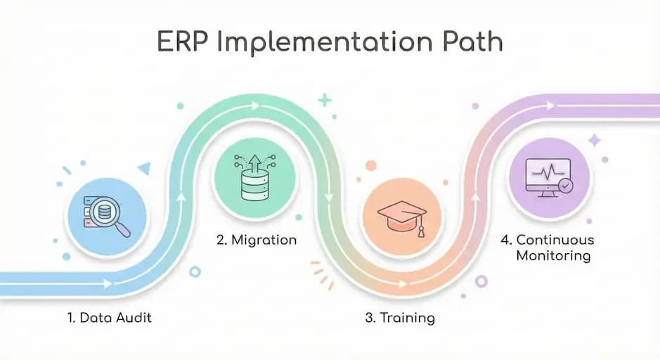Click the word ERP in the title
(183, 41)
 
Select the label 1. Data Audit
(110, 318)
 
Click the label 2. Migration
(257, 240)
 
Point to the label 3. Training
(400, 318)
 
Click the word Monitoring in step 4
(553, 255)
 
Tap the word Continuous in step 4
(555, 240)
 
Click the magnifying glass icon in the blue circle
(110, 216)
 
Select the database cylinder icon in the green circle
(254, 185)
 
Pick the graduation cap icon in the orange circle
(401, 218)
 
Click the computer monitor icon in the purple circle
(548, 178)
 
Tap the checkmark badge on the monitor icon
(565, 185)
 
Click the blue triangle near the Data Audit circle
(145, 169)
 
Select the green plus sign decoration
(325, 101)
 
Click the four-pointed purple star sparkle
(595, 140)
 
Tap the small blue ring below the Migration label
(195, 271)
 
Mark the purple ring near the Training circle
(481, 281)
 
